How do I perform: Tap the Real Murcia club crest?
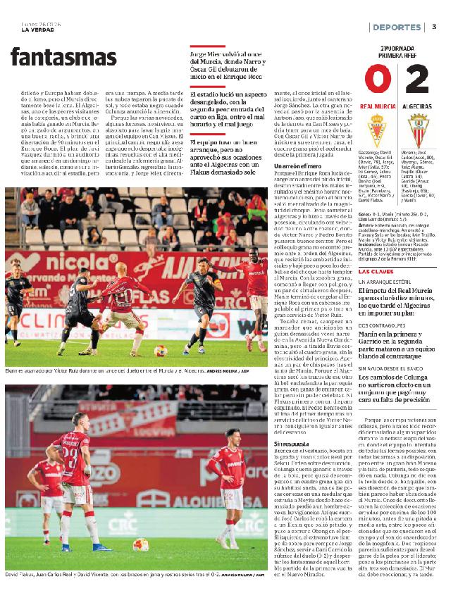coord(376,130)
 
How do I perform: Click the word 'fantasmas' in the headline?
coord(63,57)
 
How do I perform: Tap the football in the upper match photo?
coord(161,350)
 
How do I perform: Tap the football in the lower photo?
coord(141,544)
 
